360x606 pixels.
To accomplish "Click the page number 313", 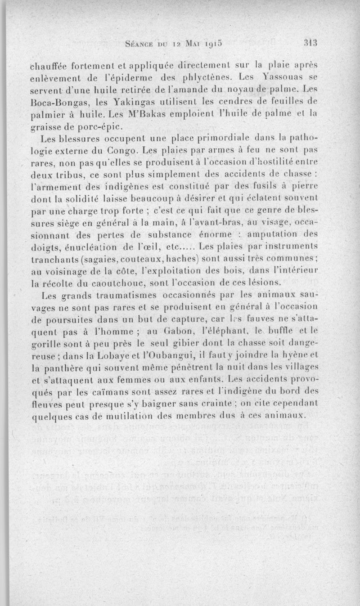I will coord(311,44).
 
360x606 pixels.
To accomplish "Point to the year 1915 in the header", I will coord(211,45).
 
